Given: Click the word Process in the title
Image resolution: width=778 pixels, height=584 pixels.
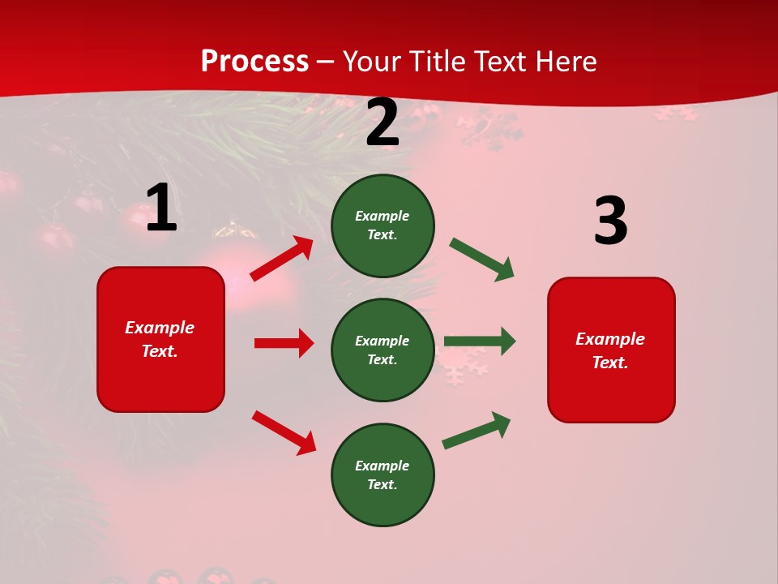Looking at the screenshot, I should click(x=254, y=62).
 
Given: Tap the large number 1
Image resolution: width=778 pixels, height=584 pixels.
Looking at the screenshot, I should click(x=161, y=208).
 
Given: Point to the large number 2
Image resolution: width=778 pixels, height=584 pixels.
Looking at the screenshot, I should click(x=383, y=123).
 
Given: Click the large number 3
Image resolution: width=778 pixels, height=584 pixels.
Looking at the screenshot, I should click(x=610, y=221).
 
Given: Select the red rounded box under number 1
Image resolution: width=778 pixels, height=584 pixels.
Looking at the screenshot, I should click(x=160, y=339).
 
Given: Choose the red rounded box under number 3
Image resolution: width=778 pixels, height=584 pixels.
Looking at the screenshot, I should click(x=611, y=350).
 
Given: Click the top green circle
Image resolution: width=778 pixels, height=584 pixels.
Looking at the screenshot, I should click(x=383, y=225).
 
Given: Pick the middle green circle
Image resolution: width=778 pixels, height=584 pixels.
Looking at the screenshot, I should click(x=383, y=350).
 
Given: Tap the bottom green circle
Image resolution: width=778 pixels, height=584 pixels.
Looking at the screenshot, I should click(x=383, y=474).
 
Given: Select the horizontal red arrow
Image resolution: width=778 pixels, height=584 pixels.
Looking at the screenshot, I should click(x=284, y=343).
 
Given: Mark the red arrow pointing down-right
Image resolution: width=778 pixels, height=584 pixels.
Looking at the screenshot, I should click(x=284, y=432).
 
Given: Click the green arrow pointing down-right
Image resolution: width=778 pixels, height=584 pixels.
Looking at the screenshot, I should click(x=482, y=260).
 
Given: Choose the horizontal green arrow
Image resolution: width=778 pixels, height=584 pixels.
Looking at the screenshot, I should click(x=480, y=341).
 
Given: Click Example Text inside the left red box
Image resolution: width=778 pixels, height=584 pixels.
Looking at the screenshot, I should click(x=160, y=339).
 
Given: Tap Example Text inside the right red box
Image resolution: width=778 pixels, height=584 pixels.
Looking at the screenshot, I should click(x=610, y=350).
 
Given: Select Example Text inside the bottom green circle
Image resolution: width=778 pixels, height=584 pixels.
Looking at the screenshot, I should click(x=383, y=474).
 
